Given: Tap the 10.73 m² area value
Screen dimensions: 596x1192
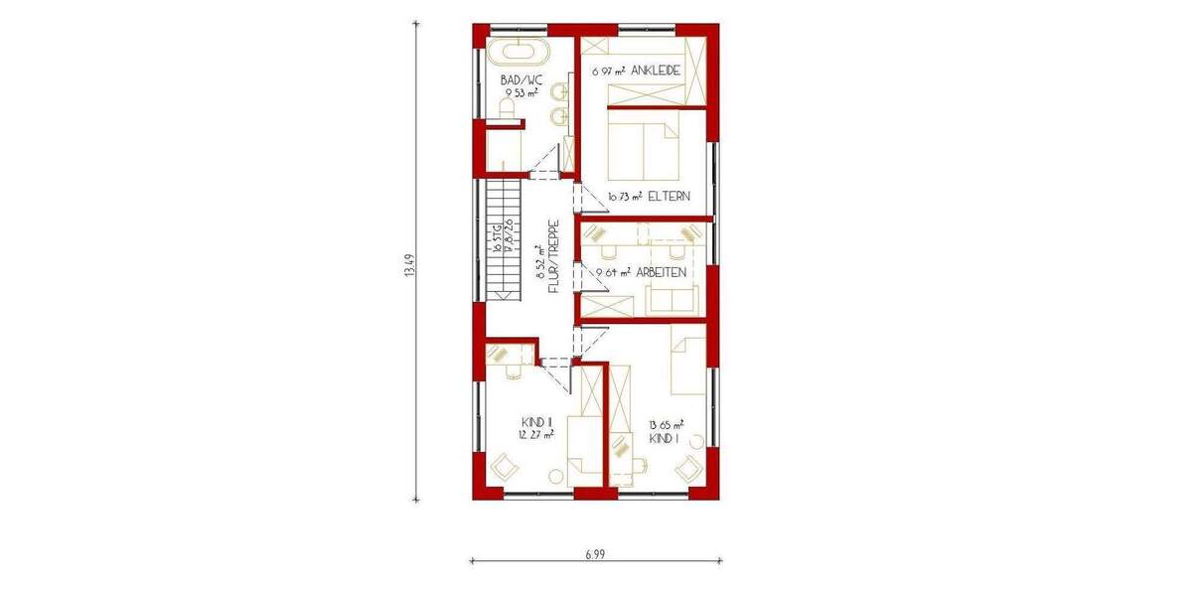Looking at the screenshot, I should [x=624, y=197].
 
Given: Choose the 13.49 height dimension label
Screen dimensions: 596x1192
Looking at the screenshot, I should [x=409, y=266].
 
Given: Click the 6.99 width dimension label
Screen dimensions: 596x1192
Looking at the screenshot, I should [x=594, y=552].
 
